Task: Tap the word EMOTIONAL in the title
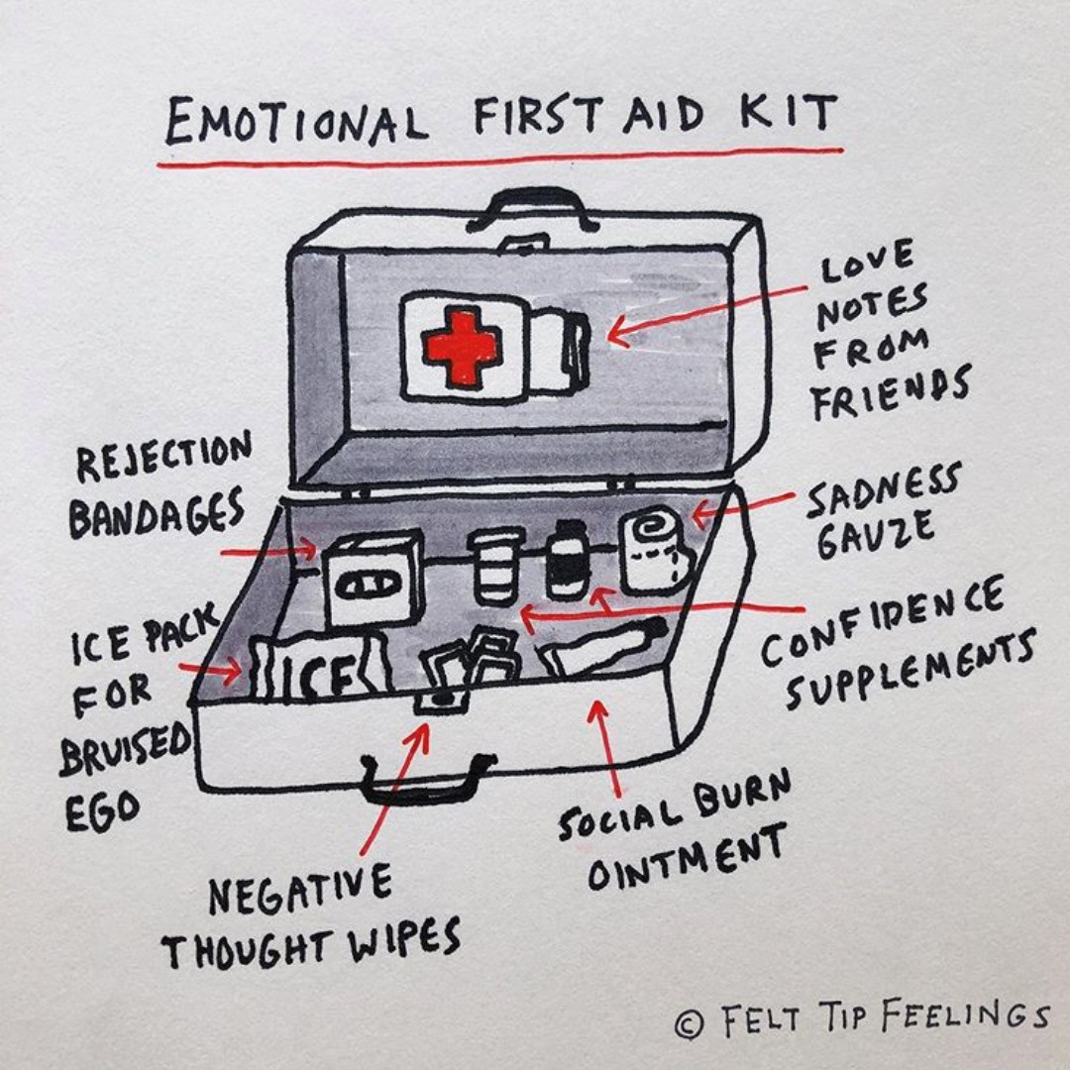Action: coord(295,121)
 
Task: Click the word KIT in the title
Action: coord(788,114)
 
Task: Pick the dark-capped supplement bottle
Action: coord(568,560)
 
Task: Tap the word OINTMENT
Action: coord(686,858)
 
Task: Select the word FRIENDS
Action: coord(889,390)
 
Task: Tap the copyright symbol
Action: coord(690,1024)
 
